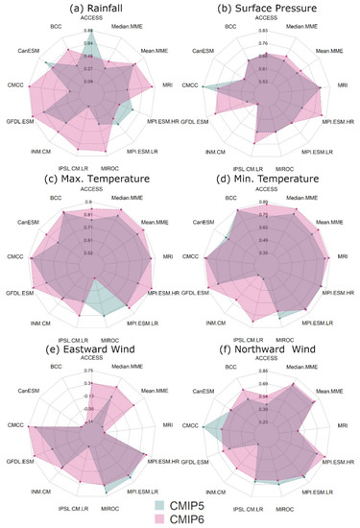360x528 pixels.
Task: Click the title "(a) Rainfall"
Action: point(93,9)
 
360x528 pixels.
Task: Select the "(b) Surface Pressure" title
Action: point(269,9)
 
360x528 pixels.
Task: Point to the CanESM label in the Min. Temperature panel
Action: point(205,223)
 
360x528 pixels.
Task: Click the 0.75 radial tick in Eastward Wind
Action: point(89,371)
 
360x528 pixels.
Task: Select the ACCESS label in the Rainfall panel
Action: point(93,19)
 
